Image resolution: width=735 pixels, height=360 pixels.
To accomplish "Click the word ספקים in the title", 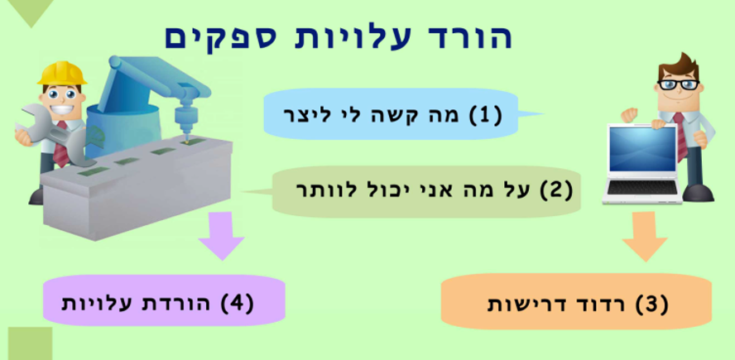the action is point(211,36).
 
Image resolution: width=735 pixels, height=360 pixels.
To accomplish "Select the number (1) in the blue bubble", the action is point(485,115).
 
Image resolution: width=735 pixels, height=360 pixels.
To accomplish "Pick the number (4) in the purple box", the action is point(237,302).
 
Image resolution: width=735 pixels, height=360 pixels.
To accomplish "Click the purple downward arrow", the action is point(221,235).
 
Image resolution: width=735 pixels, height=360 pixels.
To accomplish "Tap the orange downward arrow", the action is point(645,236).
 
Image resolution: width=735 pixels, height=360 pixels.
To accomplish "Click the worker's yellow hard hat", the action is point(62,74).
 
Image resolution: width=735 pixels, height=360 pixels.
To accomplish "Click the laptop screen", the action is point(642,150).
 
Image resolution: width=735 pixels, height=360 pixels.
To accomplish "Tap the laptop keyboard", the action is point(642,188).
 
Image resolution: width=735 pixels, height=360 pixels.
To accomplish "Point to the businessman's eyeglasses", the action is point(678,84).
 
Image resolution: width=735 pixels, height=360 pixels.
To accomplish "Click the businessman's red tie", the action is point(680,136).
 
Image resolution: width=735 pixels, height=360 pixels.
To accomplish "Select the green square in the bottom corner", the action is point(30,343).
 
